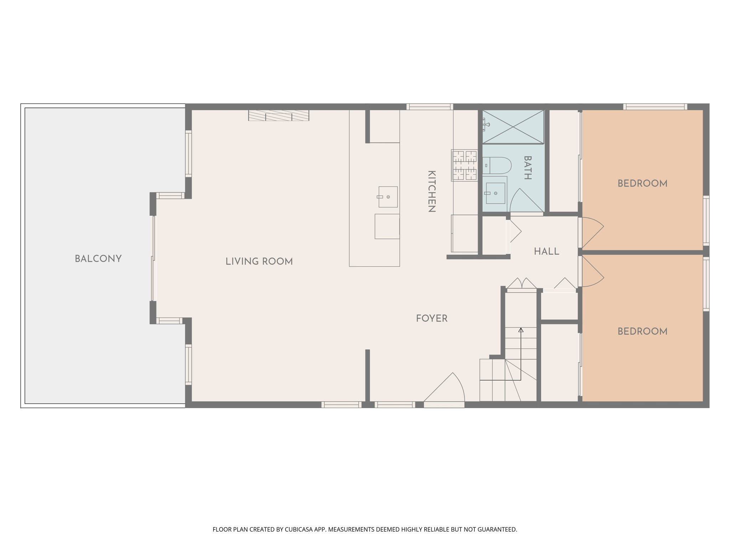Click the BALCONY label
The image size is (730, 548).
point(98,259)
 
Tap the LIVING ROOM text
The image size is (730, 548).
point(259,262)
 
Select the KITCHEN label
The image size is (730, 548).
point(432,192)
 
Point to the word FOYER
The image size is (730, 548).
point(432,318)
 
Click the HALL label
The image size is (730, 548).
point(546,252)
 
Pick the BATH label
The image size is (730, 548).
point(528,168)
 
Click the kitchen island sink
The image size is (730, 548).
point(388,197)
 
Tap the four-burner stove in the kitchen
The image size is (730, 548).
point(464,165)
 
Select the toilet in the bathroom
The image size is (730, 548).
point(498,166)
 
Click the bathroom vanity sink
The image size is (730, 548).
point(495,193)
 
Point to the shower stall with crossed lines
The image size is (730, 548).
point(513,127)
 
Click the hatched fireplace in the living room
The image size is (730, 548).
point(279,115)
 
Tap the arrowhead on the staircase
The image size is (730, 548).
point(521,330)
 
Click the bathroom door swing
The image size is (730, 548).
point(526,202)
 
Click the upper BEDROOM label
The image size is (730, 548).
point(642,184)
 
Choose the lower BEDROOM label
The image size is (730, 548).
point(642,331)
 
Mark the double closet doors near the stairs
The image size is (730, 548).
point(522,284)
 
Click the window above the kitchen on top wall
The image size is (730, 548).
point(430,106)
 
